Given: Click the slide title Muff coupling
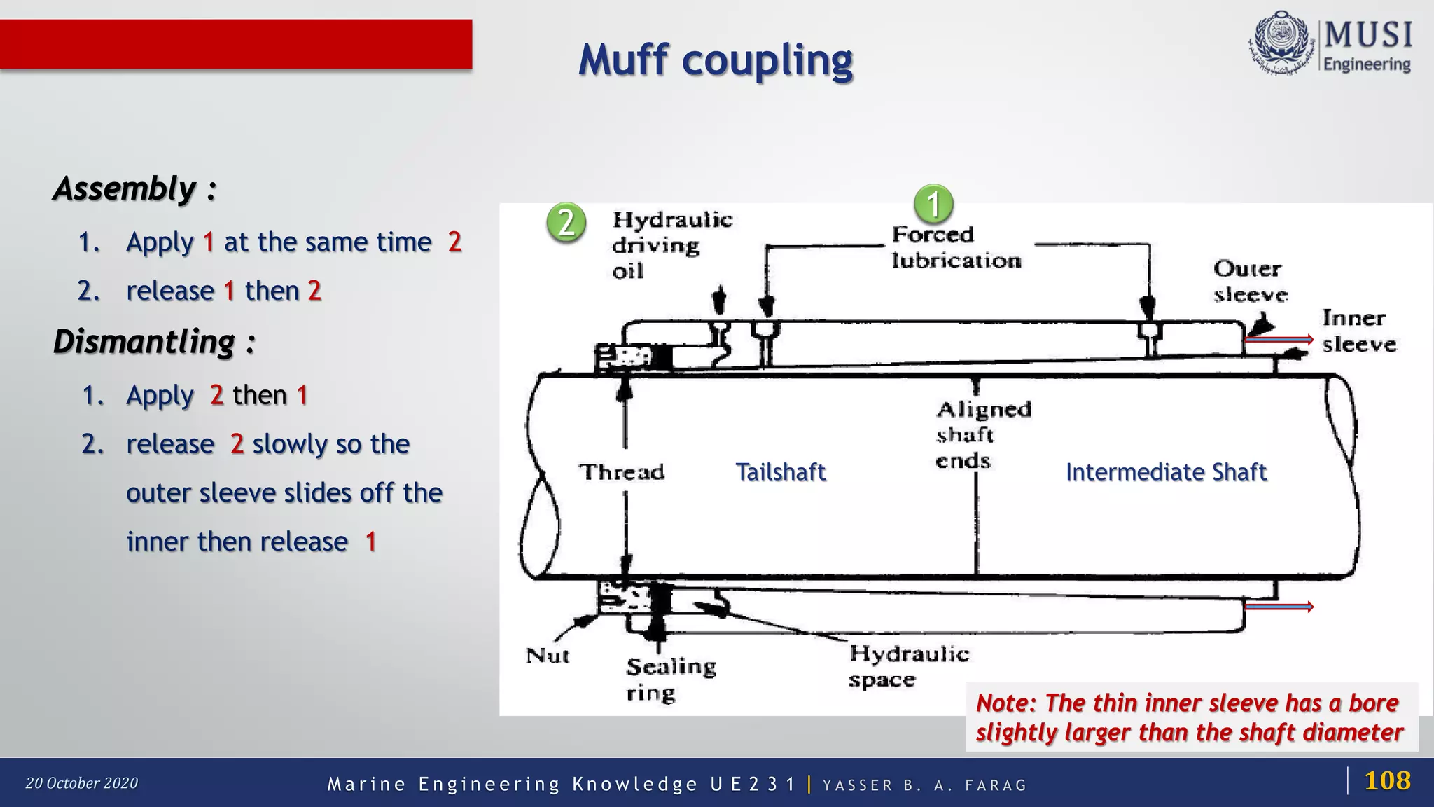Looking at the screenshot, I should tap(716, 60).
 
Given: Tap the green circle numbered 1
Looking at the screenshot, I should tap(933, 204).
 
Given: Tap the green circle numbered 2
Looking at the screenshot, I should tap(566, 222).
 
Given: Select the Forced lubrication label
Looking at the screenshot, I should tap(955, 247).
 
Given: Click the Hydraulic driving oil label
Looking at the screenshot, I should tap(670, 245).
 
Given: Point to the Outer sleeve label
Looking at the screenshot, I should tap(1250, 281).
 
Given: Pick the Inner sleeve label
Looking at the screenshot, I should tap(1358, 331).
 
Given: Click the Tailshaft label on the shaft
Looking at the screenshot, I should tap(780, 472).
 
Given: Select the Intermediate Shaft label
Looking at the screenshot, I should tap(1166, 472).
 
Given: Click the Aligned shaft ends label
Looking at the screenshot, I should tap(982, 434).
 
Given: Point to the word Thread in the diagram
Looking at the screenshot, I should tap(621, 472).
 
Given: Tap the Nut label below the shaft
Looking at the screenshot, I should tap(548, 656).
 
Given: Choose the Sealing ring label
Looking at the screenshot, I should tap(670, 678).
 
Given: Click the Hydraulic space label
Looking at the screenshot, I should tap(908, 666).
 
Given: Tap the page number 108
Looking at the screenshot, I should tap(1387, 780).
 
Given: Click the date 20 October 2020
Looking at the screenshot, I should tap(82, 783).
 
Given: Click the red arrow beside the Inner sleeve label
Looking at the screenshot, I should tap(1279, 340).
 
